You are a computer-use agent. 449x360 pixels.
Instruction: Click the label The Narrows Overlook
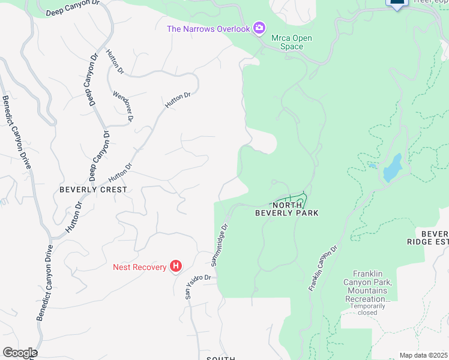click(x=208, y=29)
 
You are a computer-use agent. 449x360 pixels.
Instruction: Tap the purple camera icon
click(x=259, y=28)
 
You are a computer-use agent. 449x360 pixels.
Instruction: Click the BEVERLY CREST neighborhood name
click(x=93, y=189)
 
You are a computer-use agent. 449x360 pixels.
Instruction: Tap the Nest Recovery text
click(x=139, y=267)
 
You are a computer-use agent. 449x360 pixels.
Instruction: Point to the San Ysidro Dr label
click(x=197, y=284)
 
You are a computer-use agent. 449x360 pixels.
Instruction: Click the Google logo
click(x=19, y=353)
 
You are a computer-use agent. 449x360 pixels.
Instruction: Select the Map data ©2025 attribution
click(x=423, y=355)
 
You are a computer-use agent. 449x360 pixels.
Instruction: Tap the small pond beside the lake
click(x=373, y=166)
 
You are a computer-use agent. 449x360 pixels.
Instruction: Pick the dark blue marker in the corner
click(x=397, y=3)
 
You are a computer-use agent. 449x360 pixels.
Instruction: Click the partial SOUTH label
click(x=220, y=358)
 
